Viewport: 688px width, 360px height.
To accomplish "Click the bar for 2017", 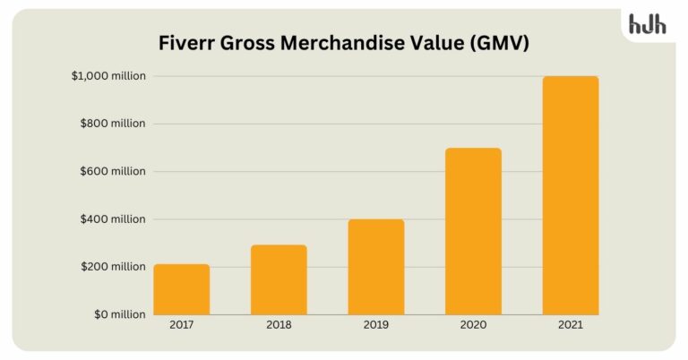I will (x=181, y=289).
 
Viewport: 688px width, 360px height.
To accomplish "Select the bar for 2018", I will (x=279, y=279).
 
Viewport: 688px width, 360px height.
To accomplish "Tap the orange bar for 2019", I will (x=376, y=267).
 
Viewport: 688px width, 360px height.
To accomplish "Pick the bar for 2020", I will (x=473, y=231).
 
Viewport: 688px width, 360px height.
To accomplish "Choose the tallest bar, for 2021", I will (x=571, y=195).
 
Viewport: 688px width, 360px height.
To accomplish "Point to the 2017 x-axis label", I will (x=181, y=325).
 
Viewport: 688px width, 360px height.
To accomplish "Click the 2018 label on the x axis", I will (x=279, y=325).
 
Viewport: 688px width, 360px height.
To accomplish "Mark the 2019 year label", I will (x=376, y=325).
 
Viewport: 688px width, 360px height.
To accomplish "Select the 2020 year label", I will (x=473, y=325).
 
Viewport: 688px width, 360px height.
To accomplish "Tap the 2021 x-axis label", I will (x=571, y=325).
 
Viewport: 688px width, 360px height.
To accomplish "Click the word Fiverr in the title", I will (x=184, y=42).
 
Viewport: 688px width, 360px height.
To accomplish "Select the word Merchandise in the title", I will (x=345, y=42).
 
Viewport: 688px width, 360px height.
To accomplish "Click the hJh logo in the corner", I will (x=648, y=25).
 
